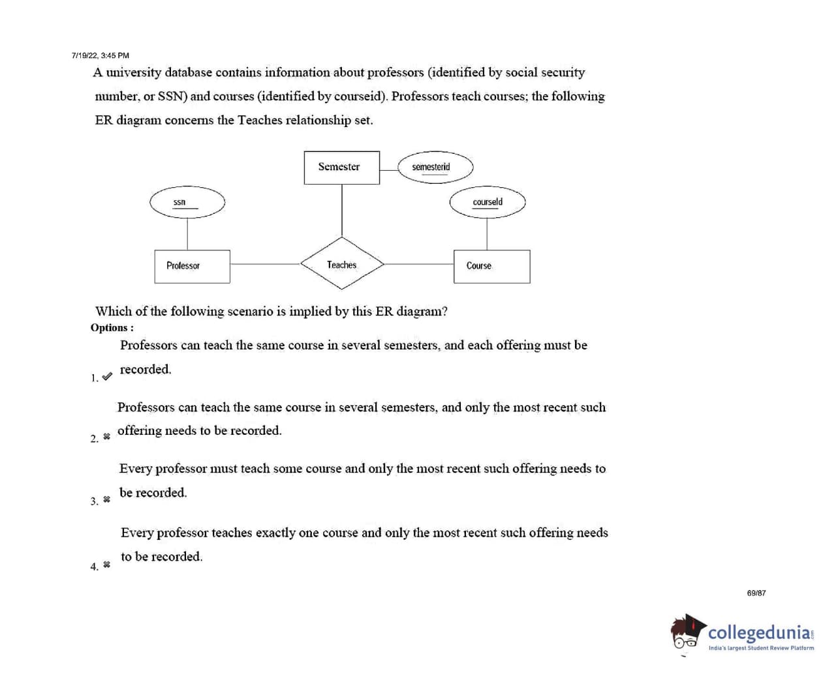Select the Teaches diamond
click(342, 264)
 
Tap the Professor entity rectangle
click(192, 266)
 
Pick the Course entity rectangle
click(491, 266)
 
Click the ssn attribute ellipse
click(187, 202)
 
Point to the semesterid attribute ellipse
click(435, 167)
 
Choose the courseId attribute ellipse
click(487, 202)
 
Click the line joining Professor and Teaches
click(265, 264)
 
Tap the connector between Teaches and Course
click(418, 264)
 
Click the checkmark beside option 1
click(107, 376)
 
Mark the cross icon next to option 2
click(106, 436)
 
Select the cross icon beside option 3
click(106, 499)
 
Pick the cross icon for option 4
click(106, 565)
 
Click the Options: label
click(112, 327)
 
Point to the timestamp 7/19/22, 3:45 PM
click(101, 55)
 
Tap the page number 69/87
click(756, 593)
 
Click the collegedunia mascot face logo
click(687, 632)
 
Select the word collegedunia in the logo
click(760, 632)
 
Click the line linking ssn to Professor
click(187, 233)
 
